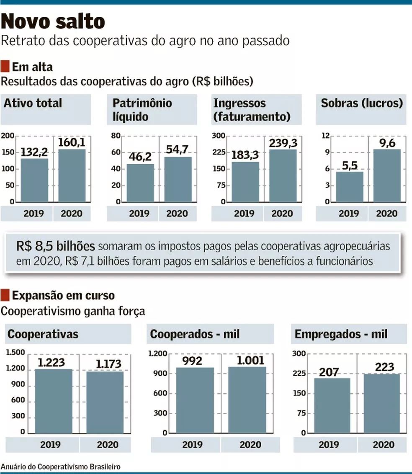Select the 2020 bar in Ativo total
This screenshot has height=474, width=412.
click(x=72, y=175)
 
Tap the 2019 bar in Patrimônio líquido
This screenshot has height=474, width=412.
click(x=140, y=183)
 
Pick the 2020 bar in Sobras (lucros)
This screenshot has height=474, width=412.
click(x=387, y=175)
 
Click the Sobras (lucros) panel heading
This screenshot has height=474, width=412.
click(x=362, y=103)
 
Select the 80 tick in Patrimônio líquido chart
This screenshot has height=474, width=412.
click(x=115, y=136)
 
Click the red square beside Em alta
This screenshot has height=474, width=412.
click(x=5, y=66)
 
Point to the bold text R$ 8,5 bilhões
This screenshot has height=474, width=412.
click(x=56, y=246)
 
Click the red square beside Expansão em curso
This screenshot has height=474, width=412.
click(x=5, y=295)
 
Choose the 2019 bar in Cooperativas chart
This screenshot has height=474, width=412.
click(x=53, y=401)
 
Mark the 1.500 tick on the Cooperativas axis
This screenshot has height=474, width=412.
click(x=16, y=353)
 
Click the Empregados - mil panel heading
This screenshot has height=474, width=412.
click(x=341, y=334)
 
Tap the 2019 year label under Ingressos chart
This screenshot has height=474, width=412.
click(x=244, y=214)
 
